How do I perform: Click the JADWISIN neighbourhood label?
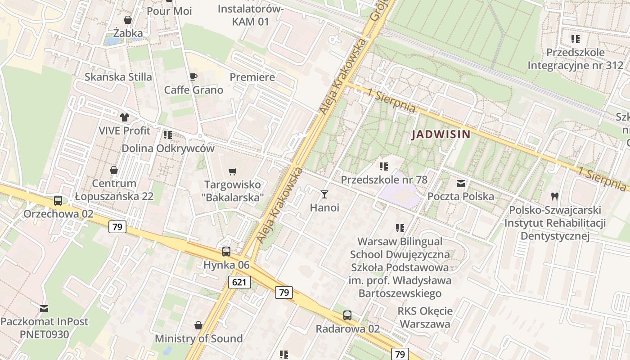(441, 134)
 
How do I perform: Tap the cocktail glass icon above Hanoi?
(324, 194)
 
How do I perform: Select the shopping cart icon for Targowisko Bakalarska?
(233, 171)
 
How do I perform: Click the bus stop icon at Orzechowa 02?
(58, 201)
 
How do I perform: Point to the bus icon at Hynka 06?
(226, 252)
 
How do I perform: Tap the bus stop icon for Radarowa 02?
(347, 315)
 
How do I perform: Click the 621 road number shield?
(239, 282)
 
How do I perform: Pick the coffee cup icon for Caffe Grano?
(193, 77)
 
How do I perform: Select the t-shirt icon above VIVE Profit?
(124, 117)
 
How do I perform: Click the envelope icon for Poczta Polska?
(461, 184)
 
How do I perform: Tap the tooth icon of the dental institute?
(555, 197)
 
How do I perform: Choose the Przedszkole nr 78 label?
(384, 180)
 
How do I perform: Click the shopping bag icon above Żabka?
(128, 20)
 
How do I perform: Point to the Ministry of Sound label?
(198, 338)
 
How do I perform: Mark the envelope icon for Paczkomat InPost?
(44, 309)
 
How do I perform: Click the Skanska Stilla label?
(118, 77)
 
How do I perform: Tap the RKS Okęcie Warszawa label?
(425, 317)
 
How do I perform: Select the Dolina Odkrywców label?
(168, 148)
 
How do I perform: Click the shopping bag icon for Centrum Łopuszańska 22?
(114, 170)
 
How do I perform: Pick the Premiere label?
(252, 77)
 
